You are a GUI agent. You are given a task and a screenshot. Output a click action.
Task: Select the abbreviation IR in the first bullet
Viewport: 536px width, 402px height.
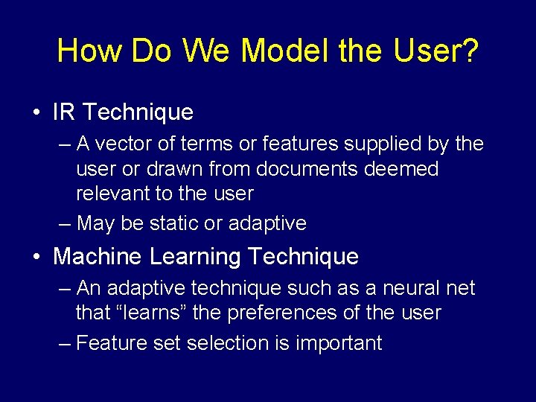point(63,112)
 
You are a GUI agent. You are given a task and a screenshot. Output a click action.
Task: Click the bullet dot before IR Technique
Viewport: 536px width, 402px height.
point(36,113)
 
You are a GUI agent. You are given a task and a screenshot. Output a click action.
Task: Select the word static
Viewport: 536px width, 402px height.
point(173,223)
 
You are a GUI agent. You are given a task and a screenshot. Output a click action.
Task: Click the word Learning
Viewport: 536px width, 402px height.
point(195,258)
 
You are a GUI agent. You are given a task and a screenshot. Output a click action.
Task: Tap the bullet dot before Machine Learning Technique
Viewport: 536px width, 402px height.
point(36,258)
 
